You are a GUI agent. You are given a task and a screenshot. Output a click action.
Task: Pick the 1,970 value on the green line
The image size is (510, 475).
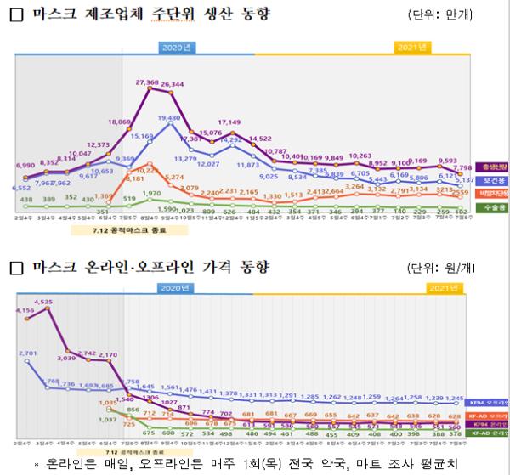pyautogui.click(x=150, y=194)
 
